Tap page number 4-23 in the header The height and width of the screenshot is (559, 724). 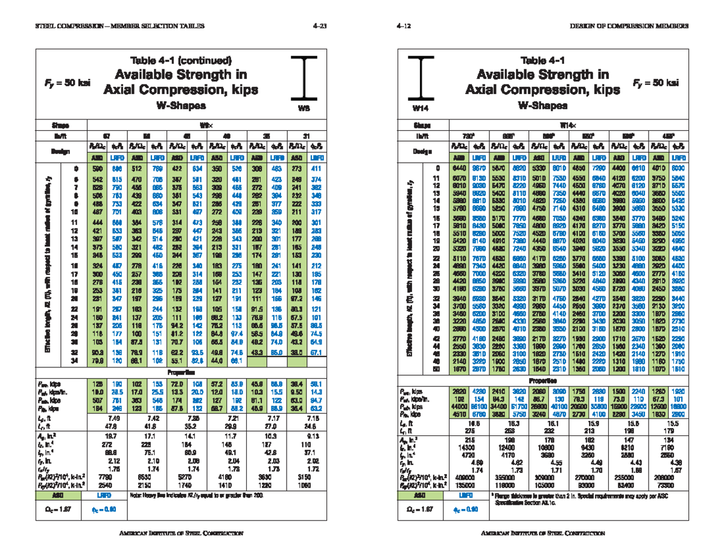(x=320, y=26)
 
